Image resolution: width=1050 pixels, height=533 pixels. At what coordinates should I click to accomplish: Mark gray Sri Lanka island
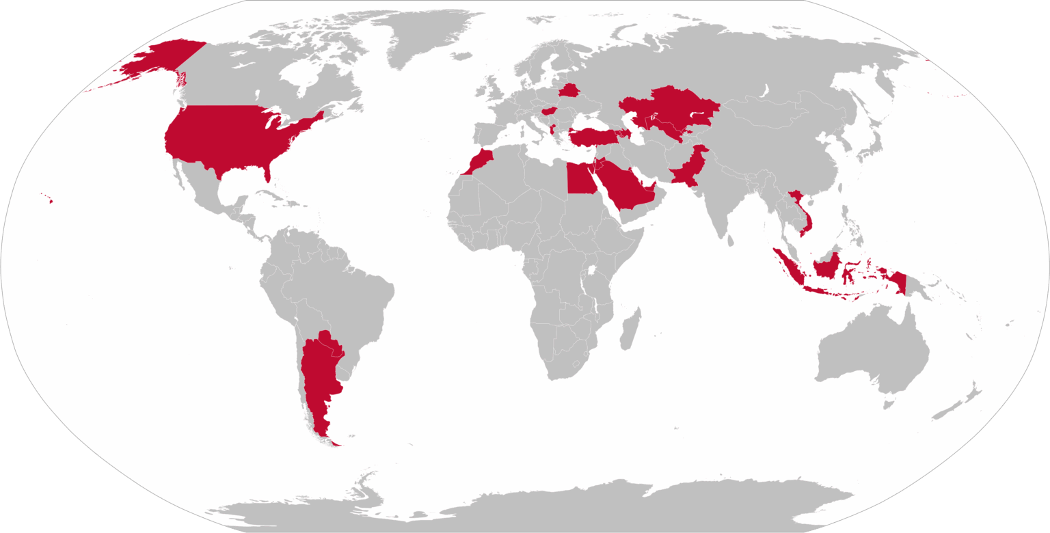(x=730, y=240)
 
